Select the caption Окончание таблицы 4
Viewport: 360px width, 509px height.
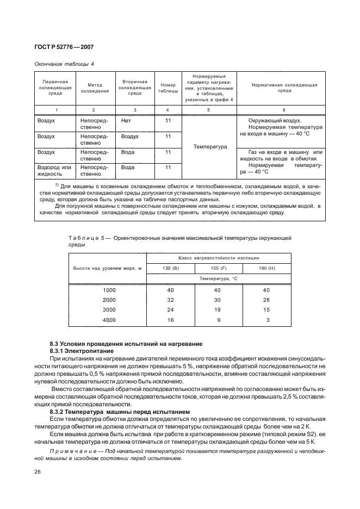click(x=64, y=64)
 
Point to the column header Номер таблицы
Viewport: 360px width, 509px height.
click(x=168, y=88)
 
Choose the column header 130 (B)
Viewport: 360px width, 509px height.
click(x=170, y=268)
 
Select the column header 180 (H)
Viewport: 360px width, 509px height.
click(x=267, y=268)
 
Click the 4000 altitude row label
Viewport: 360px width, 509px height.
click(x=109, y=320)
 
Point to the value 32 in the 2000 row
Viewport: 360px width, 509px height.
click(x=170, y=300)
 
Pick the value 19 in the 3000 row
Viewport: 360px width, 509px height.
click(x=219, y=310)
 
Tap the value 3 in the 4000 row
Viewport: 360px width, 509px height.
click(x=268, y=320)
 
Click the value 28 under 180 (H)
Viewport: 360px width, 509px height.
click(x=266, y=300)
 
